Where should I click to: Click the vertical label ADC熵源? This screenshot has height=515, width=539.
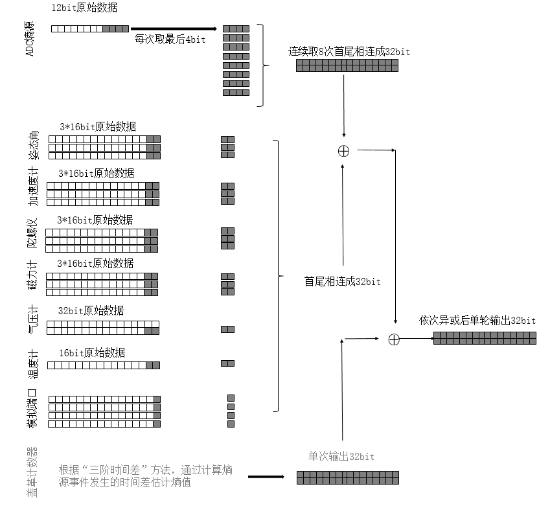coord(30,38)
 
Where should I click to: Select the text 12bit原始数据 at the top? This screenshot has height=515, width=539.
coord(84,8)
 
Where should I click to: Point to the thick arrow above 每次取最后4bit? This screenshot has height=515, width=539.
coord(174,29)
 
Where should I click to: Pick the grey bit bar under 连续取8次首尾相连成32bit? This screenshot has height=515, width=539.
coord(347,65)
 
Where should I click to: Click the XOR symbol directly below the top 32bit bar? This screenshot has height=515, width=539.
coord(343,151)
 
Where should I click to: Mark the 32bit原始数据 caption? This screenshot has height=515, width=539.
coord(91,311)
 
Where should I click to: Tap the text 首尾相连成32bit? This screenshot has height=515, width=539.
coord(343,282)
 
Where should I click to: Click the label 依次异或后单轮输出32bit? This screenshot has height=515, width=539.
coord(477,321)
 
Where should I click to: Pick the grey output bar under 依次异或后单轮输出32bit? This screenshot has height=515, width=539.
coord(485,338)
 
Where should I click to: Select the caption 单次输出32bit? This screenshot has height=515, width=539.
coord(341,457)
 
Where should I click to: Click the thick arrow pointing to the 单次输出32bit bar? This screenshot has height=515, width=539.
coord(266,477)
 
